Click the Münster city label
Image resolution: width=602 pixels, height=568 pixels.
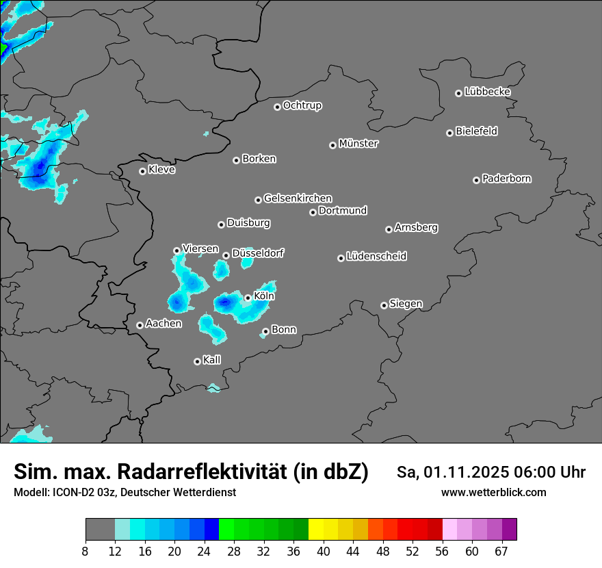pos(358,144)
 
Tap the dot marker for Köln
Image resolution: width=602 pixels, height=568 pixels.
pos(248,298)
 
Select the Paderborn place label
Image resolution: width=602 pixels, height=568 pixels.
pos(507,179)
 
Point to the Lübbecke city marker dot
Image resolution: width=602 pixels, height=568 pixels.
pos(458,93)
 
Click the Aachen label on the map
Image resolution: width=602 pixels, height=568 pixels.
pos(163,324)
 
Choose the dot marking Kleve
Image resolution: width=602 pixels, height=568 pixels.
pos(142,171)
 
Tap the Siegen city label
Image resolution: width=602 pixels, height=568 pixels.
pos(406,304)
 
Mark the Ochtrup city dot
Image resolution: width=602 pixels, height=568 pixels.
pos(277,107)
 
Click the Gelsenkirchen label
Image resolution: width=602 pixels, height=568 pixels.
pos(298,198)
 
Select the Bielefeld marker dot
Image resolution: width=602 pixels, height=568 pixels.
pos(449,133)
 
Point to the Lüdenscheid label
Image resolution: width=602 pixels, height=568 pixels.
pos(376,257)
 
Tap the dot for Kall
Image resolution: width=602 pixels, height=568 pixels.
pos(197,361)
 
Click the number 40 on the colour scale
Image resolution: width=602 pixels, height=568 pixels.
pos(324,550)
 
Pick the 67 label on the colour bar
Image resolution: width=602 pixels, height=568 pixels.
pos(502,550)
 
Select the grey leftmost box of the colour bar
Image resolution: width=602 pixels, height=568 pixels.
pos(100,530)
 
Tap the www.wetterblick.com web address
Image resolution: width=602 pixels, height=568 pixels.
pos(494,492)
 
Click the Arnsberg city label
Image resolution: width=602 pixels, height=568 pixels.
pos(416,227)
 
